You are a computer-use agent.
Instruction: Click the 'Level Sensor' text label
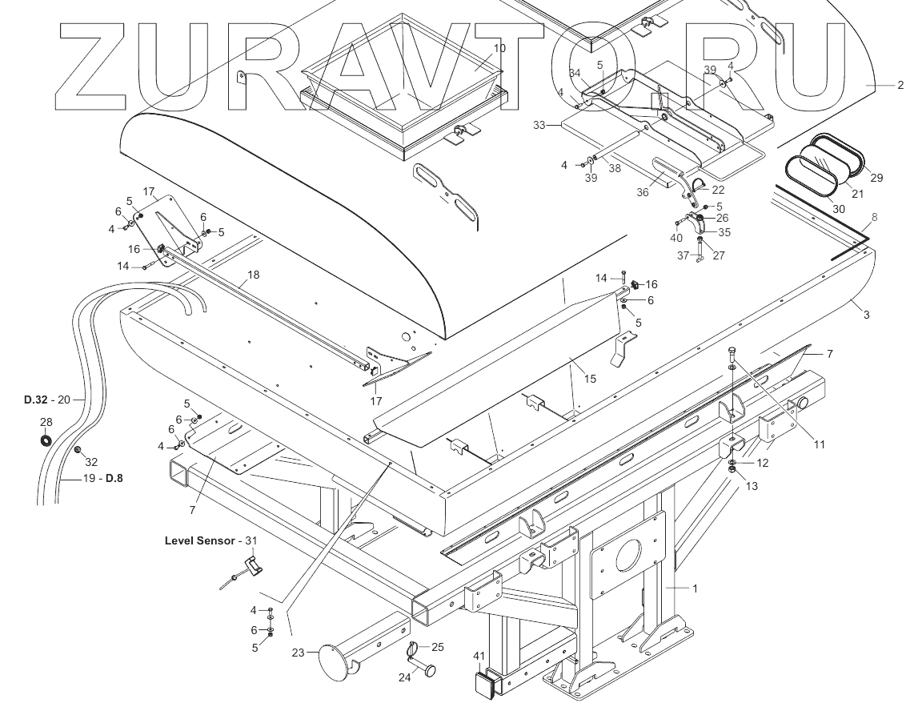pyautogui.click(x=200, y=540)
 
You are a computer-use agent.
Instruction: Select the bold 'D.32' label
pyautogui.click(x=37, y=398)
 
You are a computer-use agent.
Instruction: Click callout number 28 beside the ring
pyautogui.click(x=46, y=422)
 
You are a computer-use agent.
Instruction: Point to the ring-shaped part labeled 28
pyautogui.click(x=46, y=439)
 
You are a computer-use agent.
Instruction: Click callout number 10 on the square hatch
pyautogui.click(x=499, y=48)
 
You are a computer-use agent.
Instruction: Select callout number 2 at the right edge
pyautogui.click(x=900, y=85)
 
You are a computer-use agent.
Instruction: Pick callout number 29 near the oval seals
pyautogui.click(x=876, y=178)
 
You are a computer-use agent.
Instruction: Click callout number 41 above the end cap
pyautogui.click(x=479, y=657)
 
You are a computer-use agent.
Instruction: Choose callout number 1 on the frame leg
pyautogui.click(x=695, y=589)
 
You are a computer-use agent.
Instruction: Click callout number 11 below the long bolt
pyautogui.click(x=820, y=444)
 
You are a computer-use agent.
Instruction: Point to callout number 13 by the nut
pyautogui.click(x=752, y=485)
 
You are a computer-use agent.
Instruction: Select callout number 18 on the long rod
pyautogui.click(x=253, y=275)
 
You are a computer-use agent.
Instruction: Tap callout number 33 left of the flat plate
pyautogui.click(x=539, y=125)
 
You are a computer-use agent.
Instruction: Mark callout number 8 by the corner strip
pyautogui.click(x=875, y=217)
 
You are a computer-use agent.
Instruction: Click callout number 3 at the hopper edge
pyautogui.click(x=866, y=315)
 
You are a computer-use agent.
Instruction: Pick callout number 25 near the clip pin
pyautogui.click(x=438, y=647)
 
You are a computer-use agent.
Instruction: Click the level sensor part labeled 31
pyautogui.click(x=252, y=567)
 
